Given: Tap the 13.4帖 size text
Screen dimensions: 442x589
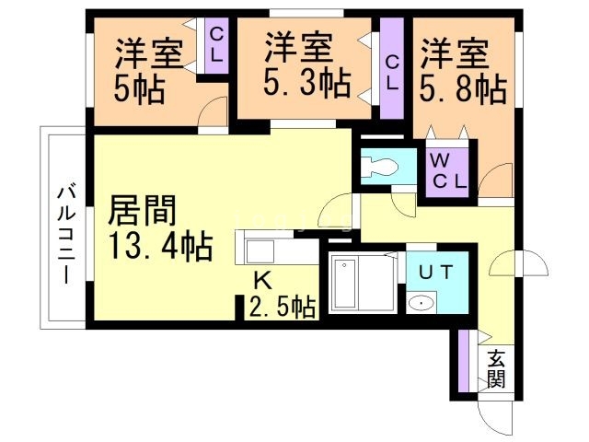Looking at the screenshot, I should pos(160,247).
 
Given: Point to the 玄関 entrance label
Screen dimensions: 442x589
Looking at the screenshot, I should pos(497,367).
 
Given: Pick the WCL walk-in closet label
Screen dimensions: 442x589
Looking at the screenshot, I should pos(449,169).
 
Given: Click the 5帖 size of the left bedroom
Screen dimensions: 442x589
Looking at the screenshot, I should pos(139,90).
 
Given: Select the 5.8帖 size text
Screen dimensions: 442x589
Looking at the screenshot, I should pos(464,88).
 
